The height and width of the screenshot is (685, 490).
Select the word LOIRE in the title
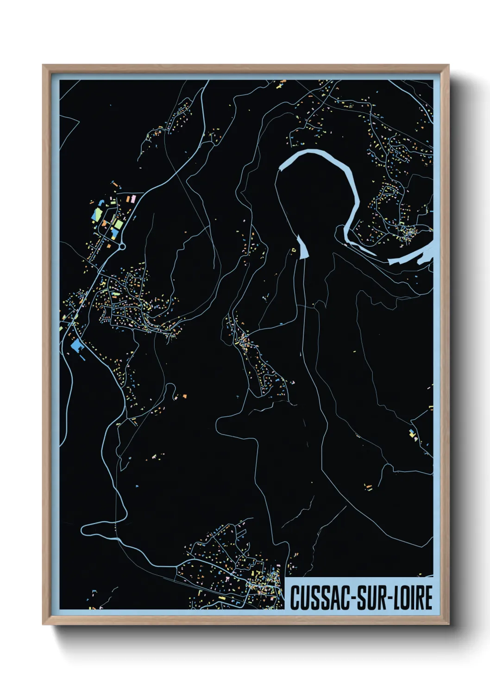coord(413,598)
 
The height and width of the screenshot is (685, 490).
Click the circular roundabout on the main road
coord(122,247)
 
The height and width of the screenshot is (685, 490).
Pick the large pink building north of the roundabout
coord(132,199)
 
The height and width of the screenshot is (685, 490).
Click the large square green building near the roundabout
coord(119,224)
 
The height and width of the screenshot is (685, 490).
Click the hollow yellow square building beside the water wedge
coord(293,250)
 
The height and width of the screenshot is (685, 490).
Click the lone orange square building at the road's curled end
coord(185,396)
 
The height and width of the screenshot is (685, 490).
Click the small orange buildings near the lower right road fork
coord(368,487)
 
